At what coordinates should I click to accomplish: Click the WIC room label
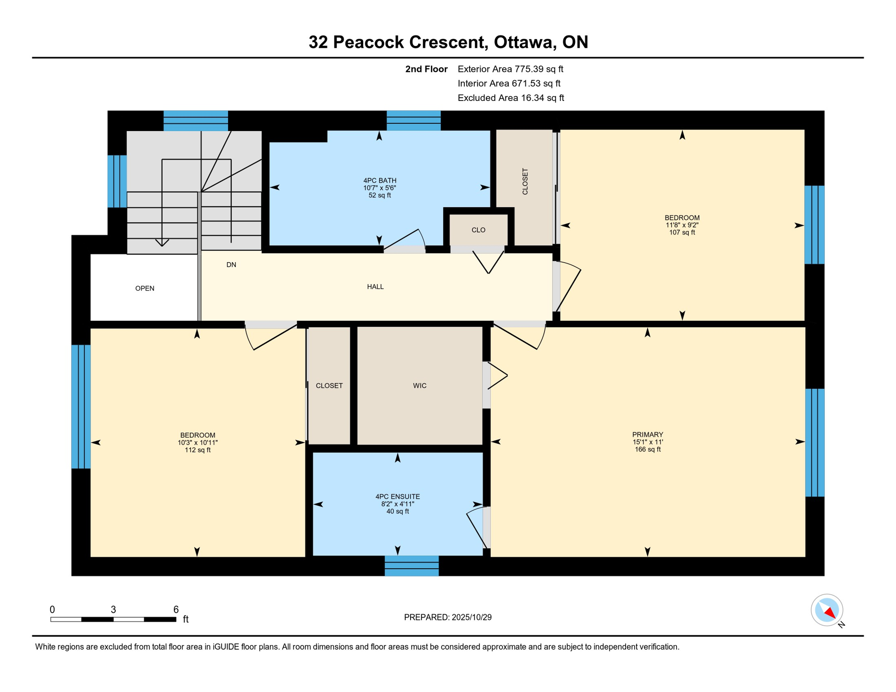(x=420, y=386)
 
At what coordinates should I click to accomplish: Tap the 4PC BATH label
(x=380, y=181)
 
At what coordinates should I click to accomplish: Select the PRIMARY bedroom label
(x=648, y=435)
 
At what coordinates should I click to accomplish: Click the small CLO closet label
(x=478, y=230)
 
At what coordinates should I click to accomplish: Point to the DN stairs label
(x=231, y=265)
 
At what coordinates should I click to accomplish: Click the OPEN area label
(x=145, y=288)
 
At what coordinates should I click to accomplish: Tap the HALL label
(x=375, y=287)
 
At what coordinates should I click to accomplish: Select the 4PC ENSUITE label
(x=398, y=496)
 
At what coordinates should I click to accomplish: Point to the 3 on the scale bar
(x=113, y=610)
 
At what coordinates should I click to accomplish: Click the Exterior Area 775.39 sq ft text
(x=510, y=69)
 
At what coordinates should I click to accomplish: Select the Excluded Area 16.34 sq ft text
(x=511, y=98)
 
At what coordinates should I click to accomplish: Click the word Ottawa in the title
(x=523, y=42)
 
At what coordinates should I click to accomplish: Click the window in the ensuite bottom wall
(x=411, y=566)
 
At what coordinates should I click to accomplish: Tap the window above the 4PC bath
(x=413, y=120)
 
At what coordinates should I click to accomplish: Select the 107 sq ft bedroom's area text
(x=682, y=232)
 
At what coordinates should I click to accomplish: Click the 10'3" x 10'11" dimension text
(x=197, y=443)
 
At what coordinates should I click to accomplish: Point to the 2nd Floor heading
(x=426, y=69)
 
